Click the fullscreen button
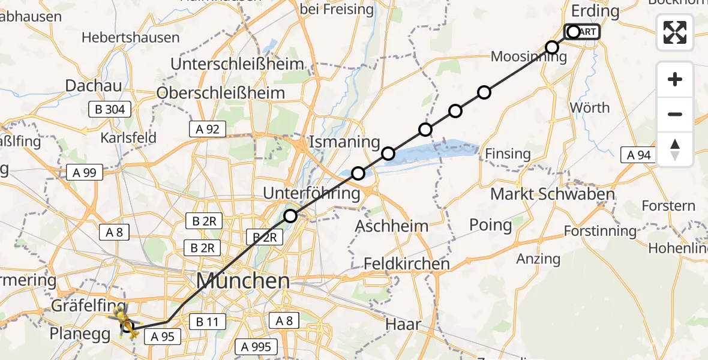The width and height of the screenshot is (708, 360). coord(675,32)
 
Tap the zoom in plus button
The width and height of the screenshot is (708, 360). coord(675,80)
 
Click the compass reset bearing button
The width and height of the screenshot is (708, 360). coord(675,149)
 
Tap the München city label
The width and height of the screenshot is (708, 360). coord(244,281)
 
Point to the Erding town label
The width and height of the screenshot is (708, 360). coord(595,11)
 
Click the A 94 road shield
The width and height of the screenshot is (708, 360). coord(639,155)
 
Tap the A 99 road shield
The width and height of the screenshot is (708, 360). coord(85,173)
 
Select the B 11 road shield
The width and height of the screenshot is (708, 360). coord(206,322)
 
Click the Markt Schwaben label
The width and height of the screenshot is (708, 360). coord(552,194)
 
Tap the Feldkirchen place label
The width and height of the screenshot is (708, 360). coord(407,263)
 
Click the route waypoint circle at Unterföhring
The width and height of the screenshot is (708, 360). coord(290,216)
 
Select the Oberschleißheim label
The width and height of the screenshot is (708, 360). coord(220,93)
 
